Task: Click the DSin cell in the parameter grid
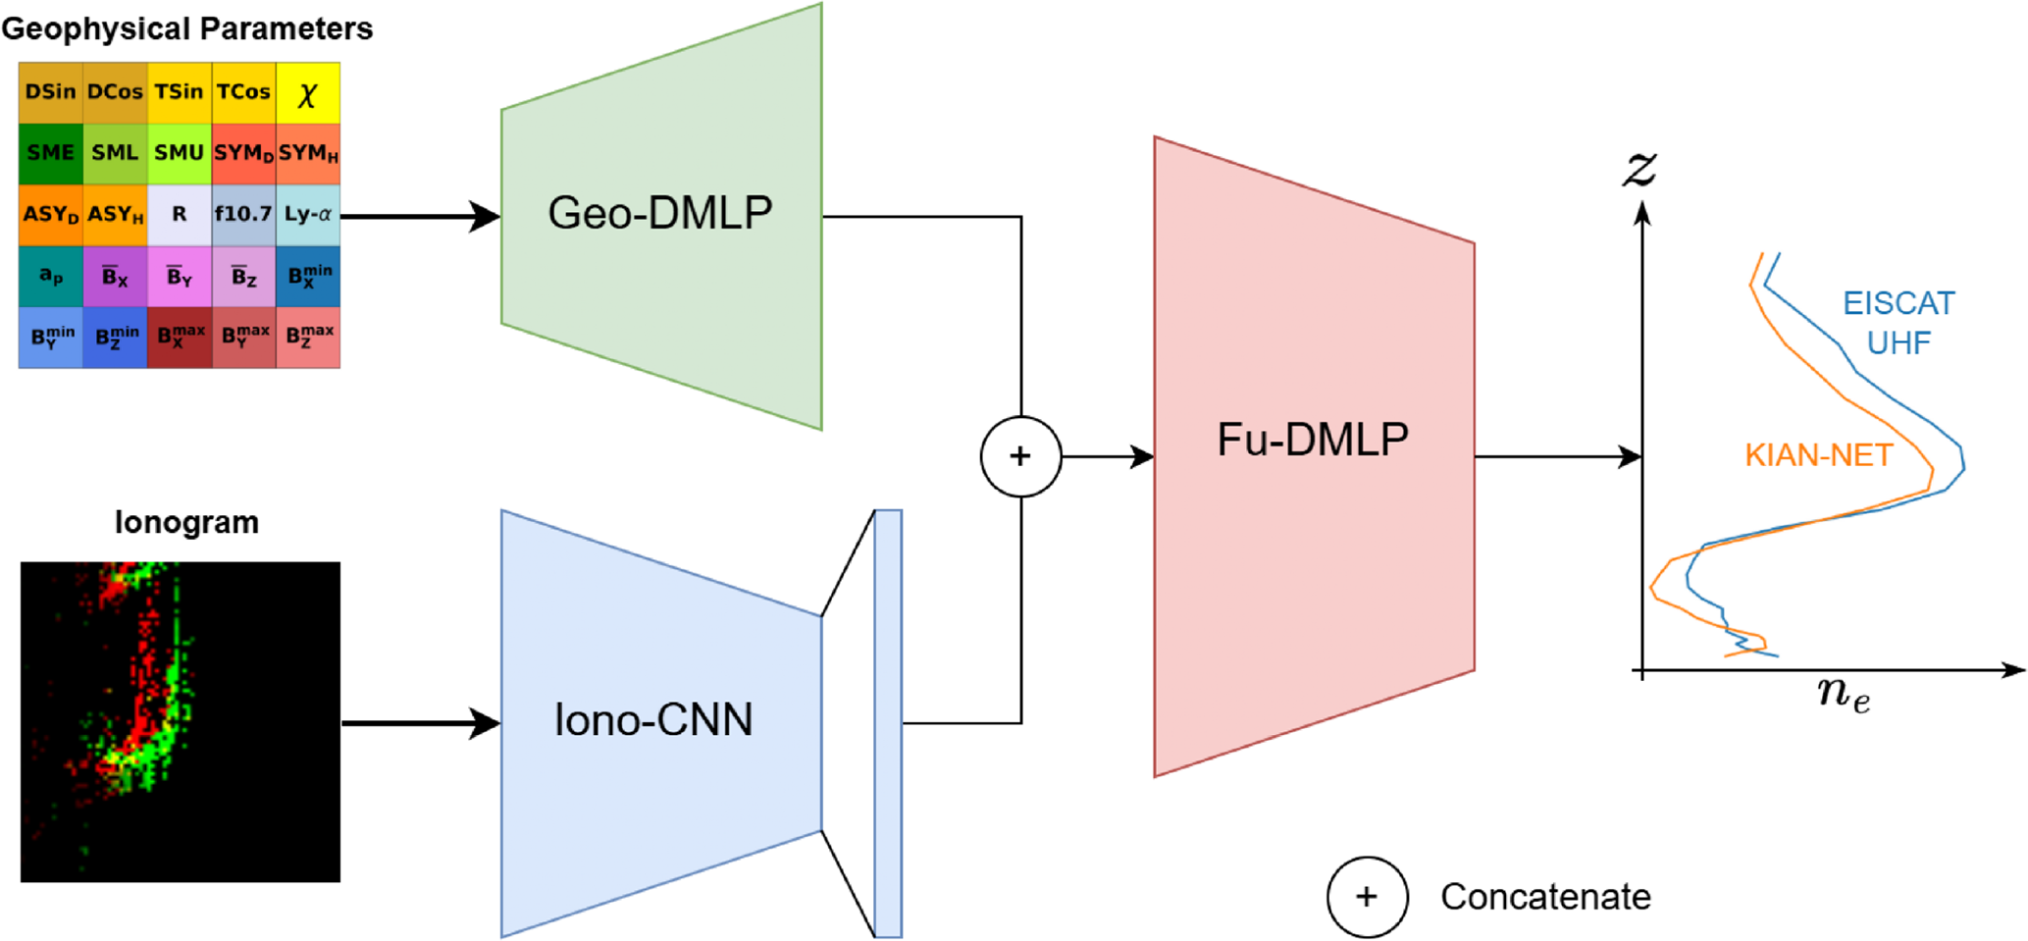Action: coord(50,92)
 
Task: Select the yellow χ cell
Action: coord(308,93)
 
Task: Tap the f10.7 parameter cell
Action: coord(243,214)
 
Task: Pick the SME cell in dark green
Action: coord(50,153)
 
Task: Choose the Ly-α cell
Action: coord(308,214)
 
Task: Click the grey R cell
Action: coord(179,214)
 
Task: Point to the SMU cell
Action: coord(179,153)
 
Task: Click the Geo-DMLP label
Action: coord(660,213)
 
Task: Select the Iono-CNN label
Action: coord(653,720)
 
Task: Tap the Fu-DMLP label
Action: coord(1313,440)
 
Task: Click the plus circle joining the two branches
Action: coord(1020,456)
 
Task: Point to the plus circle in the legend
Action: coord(1367,897)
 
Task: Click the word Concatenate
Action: coord(1545,897)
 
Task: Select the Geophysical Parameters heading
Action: coord(186,28)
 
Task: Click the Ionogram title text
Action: coord(186,522)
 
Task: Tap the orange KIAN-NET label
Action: coord(1818,455)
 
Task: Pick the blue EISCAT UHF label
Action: coord(1898,323)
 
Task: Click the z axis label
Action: coord(1639,168)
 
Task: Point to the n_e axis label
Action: coord(1844,694)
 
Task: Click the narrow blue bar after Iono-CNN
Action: coord(888,723)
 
